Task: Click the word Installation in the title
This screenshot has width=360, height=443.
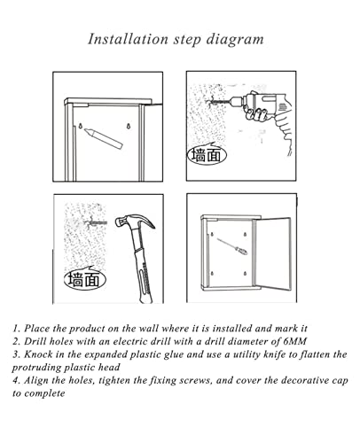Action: click(128, 39)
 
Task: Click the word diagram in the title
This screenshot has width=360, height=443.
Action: click(235, 40)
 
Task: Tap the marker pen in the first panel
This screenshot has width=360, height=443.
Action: click(103, 138)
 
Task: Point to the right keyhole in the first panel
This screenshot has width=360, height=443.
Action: click(129, 126)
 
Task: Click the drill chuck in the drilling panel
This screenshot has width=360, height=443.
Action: click(236, 100)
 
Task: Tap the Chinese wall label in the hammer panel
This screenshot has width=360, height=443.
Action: click(85, 279)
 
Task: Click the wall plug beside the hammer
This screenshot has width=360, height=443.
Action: click(96, 222)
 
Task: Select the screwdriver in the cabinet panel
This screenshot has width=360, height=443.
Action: click(232, 246)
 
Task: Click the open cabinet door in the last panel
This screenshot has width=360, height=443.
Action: click(272, 254)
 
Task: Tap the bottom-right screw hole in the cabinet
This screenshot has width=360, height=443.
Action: click(245, 274)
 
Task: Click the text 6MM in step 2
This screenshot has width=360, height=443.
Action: click(294, 341)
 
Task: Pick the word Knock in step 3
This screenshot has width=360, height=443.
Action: click(38, 354)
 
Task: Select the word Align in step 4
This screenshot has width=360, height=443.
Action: click(35, 380)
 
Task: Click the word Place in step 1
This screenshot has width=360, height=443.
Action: click(37, 328)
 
